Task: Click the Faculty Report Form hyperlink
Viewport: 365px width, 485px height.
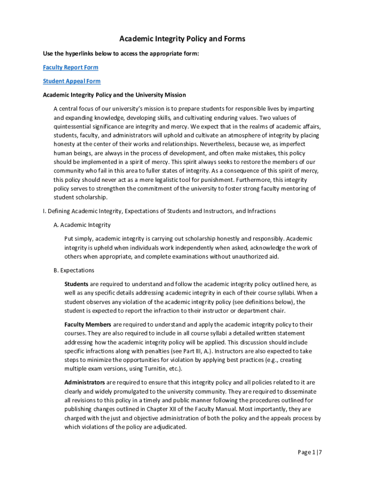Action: point(71,67)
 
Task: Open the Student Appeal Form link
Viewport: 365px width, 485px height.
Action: point(72,81)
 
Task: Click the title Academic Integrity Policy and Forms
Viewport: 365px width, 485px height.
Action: point(182,39)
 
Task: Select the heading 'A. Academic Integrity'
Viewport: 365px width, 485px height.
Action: point(82,225)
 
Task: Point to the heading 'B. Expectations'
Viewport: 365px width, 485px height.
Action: point(74,270)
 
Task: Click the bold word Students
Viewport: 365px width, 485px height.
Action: point(76,284)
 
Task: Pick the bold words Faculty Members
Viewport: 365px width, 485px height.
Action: point(88,324)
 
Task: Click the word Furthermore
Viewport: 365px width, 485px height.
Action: point(253,180)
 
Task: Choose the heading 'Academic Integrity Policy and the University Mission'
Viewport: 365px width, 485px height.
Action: point(114,95)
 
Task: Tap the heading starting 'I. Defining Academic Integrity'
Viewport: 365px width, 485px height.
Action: point(159,211)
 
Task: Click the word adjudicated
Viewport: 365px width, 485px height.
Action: point(168,427)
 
